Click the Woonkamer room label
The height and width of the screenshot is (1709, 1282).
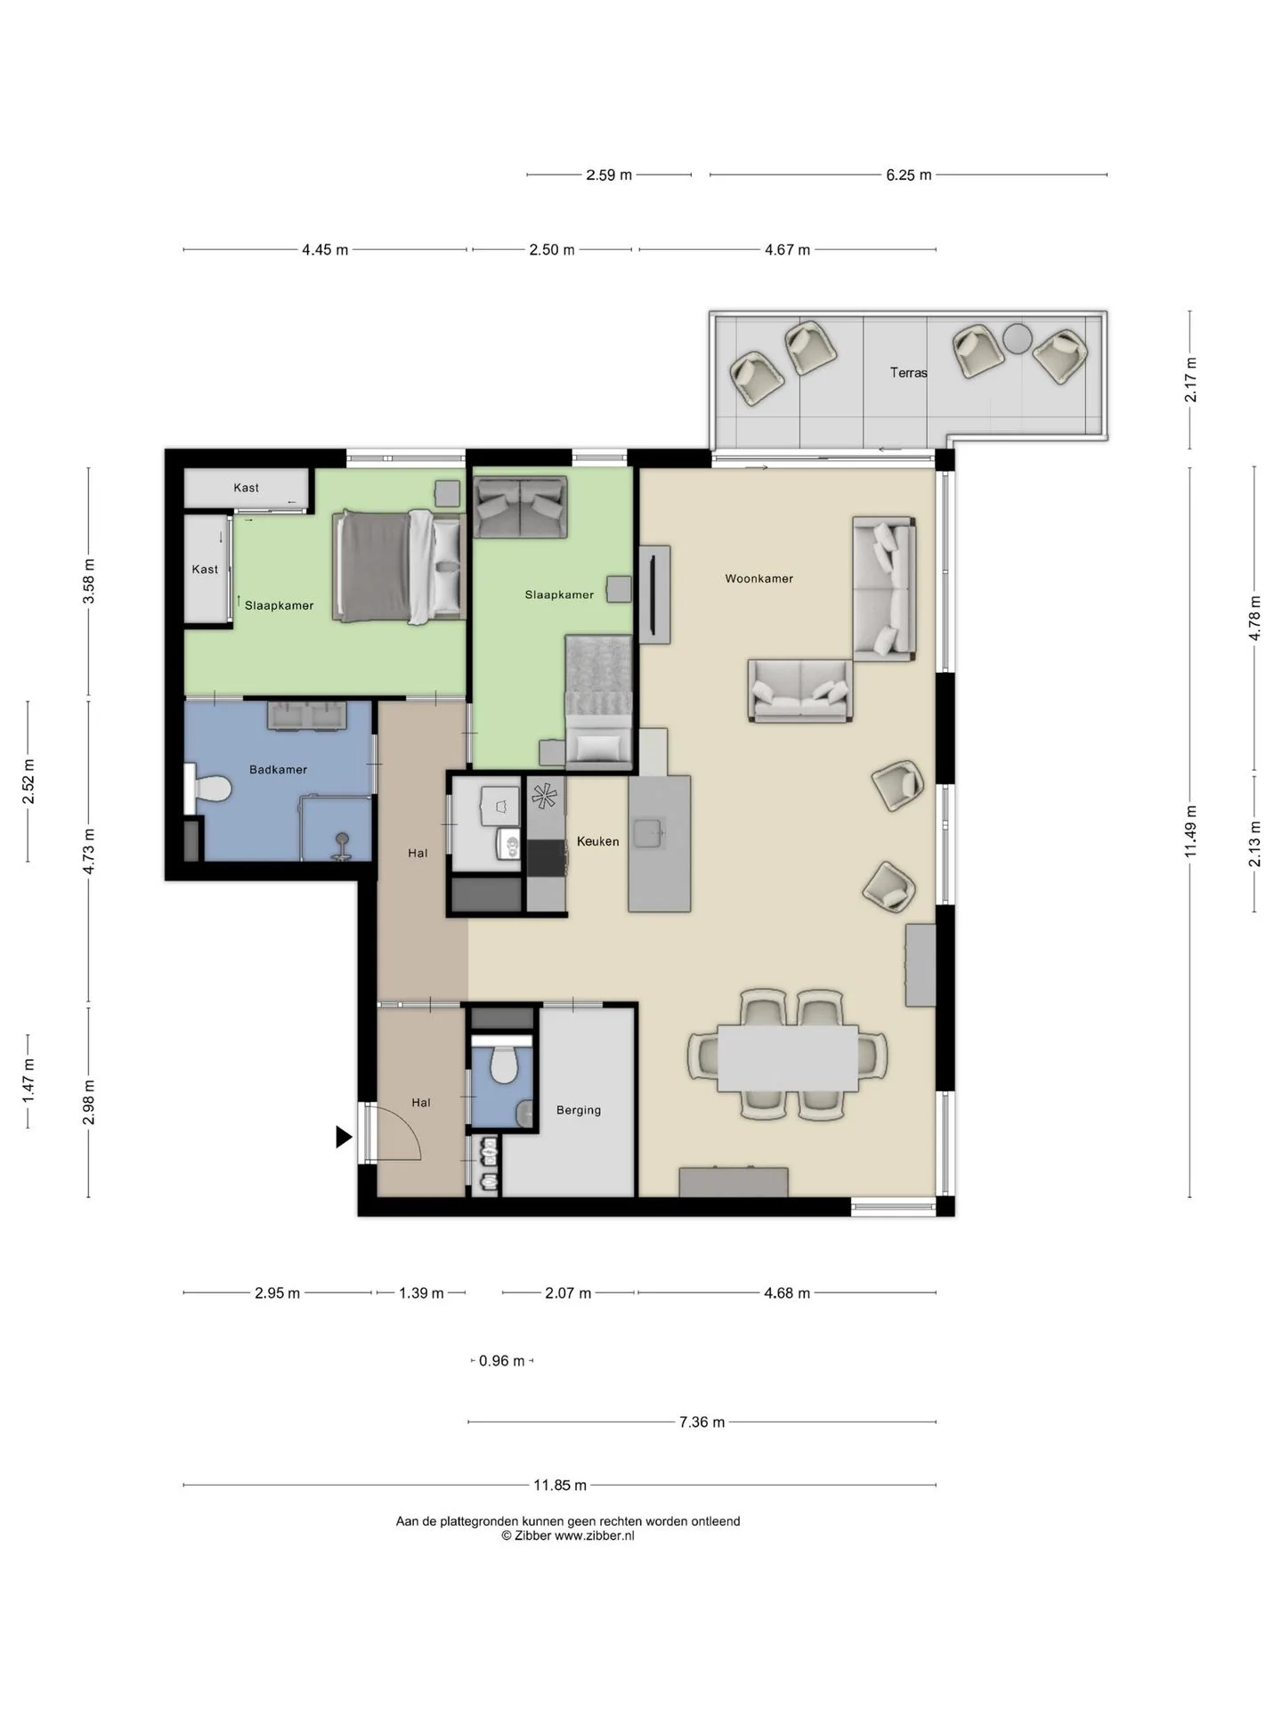(x=759, y=579)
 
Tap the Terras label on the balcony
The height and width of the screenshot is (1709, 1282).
(x=908, y=373)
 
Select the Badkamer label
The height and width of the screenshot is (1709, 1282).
(x=278, y=770)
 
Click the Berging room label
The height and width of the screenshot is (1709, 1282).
(x=579, y=1110)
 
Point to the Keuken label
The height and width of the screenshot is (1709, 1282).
(x=597, y=841)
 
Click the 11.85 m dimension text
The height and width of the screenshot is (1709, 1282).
(x=560, y=1485)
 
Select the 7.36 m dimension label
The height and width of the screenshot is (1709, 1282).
(x=702, y=1421)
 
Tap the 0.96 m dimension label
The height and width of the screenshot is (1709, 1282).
(x=502, y=1360)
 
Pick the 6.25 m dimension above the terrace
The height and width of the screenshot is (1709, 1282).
(x=908, y=175)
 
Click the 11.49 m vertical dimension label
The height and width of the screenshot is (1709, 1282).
(x=1190, y=831)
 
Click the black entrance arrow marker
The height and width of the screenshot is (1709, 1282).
(x=344, y=1137)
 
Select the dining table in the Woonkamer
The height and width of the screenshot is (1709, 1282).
(x=788, y=1058)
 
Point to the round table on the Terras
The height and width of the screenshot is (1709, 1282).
(x=1018, y=338)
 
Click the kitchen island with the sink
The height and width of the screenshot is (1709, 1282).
(x=659, y=844)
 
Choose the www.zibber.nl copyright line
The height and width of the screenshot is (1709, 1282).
(x=568, y=1535)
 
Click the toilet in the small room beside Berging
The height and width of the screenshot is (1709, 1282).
(x=504, y=1061)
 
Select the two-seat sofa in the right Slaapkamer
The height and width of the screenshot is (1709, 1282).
(x=520, y=507)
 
